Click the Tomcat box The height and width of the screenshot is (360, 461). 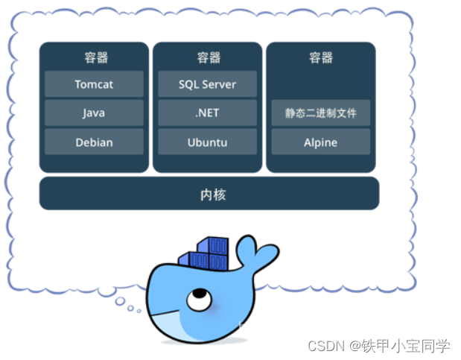tap(94, 84)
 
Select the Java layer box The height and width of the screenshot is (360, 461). tap(94, 113)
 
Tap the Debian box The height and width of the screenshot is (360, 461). tap(94, 142)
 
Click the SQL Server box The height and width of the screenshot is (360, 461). tap(207, 84)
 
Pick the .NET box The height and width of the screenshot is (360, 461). tap(207, 113)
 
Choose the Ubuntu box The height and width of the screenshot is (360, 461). tap(207, 142)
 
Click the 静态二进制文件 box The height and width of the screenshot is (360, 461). tap(320, 113)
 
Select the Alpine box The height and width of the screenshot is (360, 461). tap(320, 142)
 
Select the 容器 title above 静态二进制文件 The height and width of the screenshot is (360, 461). tap(321, 57)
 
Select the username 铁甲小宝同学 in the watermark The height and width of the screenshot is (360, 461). tap(406, 346)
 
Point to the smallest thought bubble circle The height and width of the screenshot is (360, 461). tap(139, 312)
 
